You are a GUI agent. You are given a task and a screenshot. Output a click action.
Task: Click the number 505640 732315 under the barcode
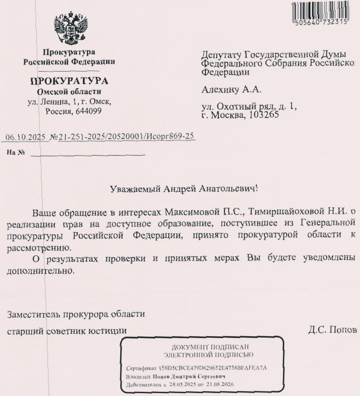(x=324, y=23)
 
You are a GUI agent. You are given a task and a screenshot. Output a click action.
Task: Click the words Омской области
(x=69, y=92)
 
